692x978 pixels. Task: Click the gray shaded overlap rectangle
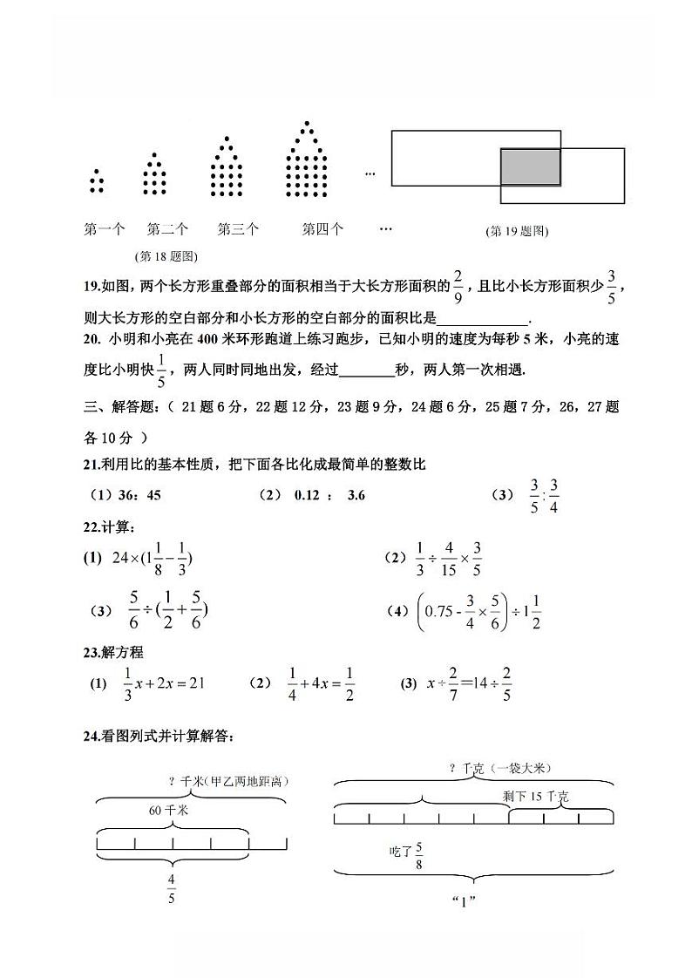coord(530,166)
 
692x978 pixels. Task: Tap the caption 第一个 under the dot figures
coord(104,230)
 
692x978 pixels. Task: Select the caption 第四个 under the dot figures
coord(322,230)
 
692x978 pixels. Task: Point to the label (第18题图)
coord(166,256)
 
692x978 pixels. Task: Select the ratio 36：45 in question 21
coord(138,495)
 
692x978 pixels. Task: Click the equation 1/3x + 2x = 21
coord(163,683)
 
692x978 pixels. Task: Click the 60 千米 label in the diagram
coord(168,811)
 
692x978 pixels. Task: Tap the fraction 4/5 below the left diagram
coord(171,889)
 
